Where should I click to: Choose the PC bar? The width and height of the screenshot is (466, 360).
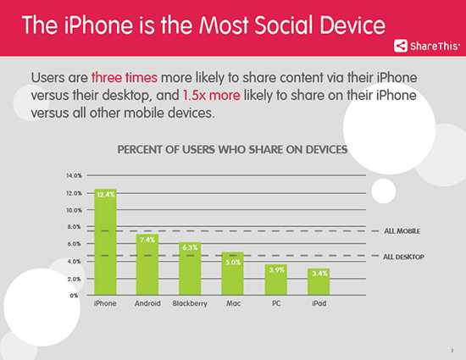276,280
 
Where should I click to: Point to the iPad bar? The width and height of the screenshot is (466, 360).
319,281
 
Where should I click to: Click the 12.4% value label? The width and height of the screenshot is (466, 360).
105,195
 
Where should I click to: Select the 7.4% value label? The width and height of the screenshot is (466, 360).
147,240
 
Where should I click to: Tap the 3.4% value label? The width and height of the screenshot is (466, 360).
319,274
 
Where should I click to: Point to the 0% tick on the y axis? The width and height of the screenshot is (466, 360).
76,296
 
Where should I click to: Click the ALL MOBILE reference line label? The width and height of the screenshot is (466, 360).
402,230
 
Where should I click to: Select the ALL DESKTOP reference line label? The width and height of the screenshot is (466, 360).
404,256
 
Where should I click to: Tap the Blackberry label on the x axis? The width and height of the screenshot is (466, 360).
190,303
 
